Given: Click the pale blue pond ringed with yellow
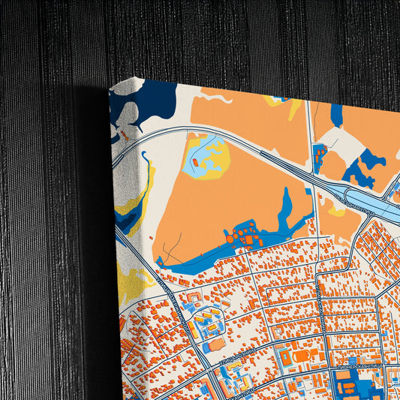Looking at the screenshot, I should click(205, 154).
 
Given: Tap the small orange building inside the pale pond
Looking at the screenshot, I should click(197, 161).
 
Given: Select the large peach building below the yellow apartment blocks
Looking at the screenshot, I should click(215, 344).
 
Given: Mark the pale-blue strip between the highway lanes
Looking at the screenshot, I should click(379, 211).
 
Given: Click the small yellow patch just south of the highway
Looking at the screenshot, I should click(337, 211).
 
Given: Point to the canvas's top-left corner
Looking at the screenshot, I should click(110, 89).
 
